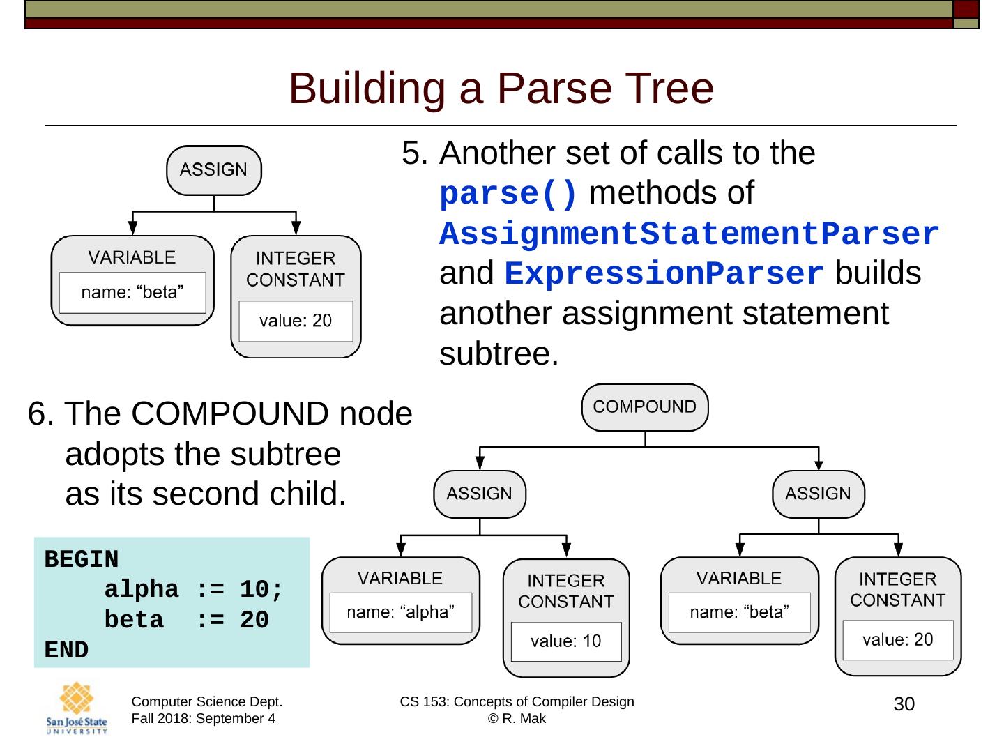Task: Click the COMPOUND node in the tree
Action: (x=644, y=407)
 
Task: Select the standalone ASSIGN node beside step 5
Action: (x=213, y=170)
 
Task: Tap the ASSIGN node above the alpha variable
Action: (x=479, y=494)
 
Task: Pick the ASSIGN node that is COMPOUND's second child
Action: (x=818, y=494)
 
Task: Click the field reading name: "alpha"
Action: (x=400, y=612)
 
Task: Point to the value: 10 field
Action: (x=565, y=641)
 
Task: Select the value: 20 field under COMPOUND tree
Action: (x=897, y=640)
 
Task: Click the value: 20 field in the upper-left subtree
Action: (x=296, y=321)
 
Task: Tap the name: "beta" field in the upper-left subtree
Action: (x=132, y=292)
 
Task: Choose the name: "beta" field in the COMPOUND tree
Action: (x=739, y=612)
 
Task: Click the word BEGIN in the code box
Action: (x=82, y=559)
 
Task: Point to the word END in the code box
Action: (x=66, y=650)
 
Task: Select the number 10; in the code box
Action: (x=261, y=590)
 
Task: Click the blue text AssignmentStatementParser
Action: (x=689, y=234)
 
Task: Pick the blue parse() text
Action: (x=508, y=194)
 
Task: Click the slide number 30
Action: (x=904, y=704)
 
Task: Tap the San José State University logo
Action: (x=77, y=708)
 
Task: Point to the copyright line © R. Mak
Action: (x=517, y=719)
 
